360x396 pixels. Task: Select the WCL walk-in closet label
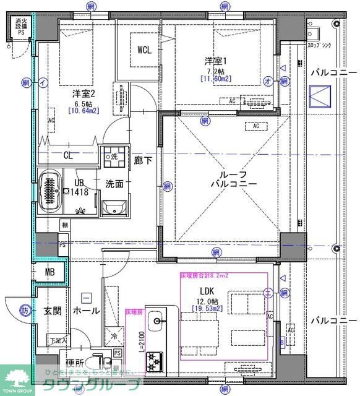tap(145, 49)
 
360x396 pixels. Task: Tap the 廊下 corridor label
tap(142, 160)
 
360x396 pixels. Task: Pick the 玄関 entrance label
tap(53, 311)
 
